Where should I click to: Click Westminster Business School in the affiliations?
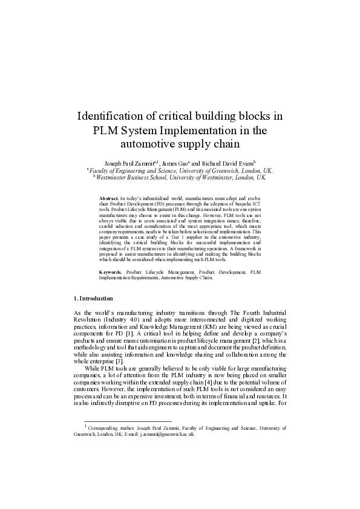[x=137, y=178]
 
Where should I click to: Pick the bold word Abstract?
[x=109, y=198]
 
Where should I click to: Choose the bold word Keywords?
[x=111, y=273]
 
